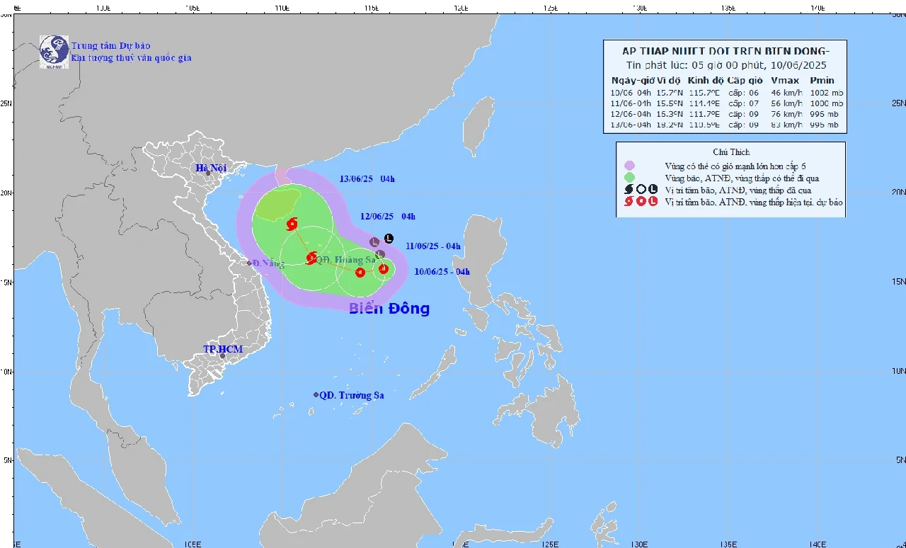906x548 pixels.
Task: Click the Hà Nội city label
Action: click(210, 168)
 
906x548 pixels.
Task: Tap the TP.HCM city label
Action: click(223, 349)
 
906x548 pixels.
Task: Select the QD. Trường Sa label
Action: click(351, 395)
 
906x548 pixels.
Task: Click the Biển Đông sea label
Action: click(389, 309)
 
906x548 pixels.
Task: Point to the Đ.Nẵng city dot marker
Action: click(250, 263)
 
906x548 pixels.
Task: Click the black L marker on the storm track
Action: click(389, 239)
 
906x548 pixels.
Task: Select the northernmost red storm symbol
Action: click(292, 225)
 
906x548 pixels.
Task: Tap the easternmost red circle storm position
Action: click(383, 268)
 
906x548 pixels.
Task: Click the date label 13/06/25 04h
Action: click(367, 179)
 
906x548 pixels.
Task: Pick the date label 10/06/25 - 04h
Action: click(442, 271)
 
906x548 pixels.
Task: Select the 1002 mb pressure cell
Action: click(825, 93)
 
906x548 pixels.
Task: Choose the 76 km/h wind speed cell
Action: click(786, 114)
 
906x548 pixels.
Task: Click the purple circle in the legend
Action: click(629, 166)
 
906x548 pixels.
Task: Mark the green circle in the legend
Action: click(629, 178)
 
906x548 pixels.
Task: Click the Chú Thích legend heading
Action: click(731, 152)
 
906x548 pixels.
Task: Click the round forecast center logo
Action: click(54, 52)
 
